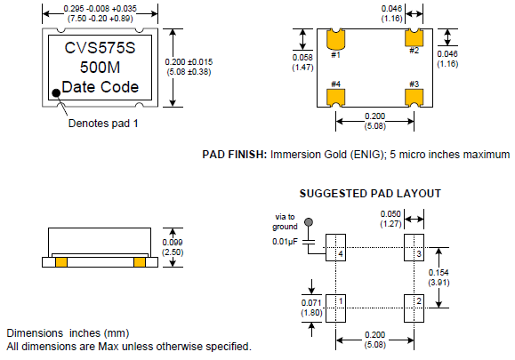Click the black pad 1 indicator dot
tap(57, 92)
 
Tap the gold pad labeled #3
tap(414, 98)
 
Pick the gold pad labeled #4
tap(335, 98)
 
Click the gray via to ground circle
tap(309, 222)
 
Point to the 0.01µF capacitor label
tap(285, 242)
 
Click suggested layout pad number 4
tap(335, 247)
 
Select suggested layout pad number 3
tap(414, 247)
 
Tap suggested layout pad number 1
tap(335, 308)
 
